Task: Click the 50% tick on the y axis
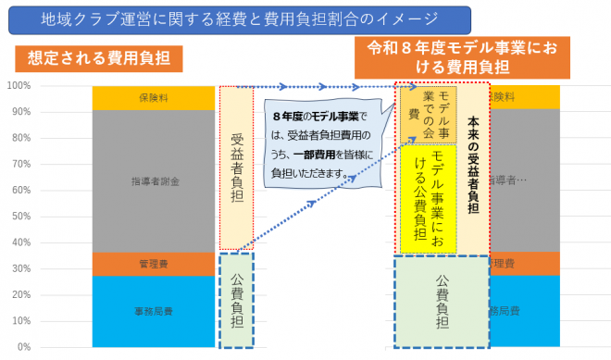(20, 216)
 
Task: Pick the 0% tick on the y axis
(23, 347)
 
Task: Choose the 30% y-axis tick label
(20, 268)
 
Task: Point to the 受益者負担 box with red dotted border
(236, 168)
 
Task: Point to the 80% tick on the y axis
(20, 138)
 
